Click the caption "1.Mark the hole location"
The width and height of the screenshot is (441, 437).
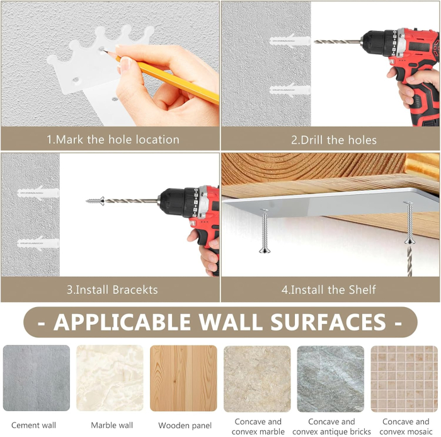pos(113,140)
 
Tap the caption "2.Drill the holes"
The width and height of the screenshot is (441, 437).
pos(333,140)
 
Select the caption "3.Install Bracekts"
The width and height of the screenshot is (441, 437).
pos(112,290)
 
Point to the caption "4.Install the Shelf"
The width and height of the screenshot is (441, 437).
pos(328,290)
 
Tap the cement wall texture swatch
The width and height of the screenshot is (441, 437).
pos(36,378)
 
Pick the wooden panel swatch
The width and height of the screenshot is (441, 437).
pos(183,378)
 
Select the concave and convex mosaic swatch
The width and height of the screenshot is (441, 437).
pos(404,378)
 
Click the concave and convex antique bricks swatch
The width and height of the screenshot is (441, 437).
pos(330,378)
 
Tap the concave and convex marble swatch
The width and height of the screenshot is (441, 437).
pos(257,378)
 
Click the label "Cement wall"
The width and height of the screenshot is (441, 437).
pos(34,425)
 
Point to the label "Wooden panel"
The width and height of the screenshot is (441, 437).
pos(185,426)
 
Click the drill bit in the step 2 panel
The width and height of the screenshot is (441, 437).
pos(337,42)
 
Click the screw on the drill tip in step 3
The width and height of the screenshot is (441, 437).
pos(95,201)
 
